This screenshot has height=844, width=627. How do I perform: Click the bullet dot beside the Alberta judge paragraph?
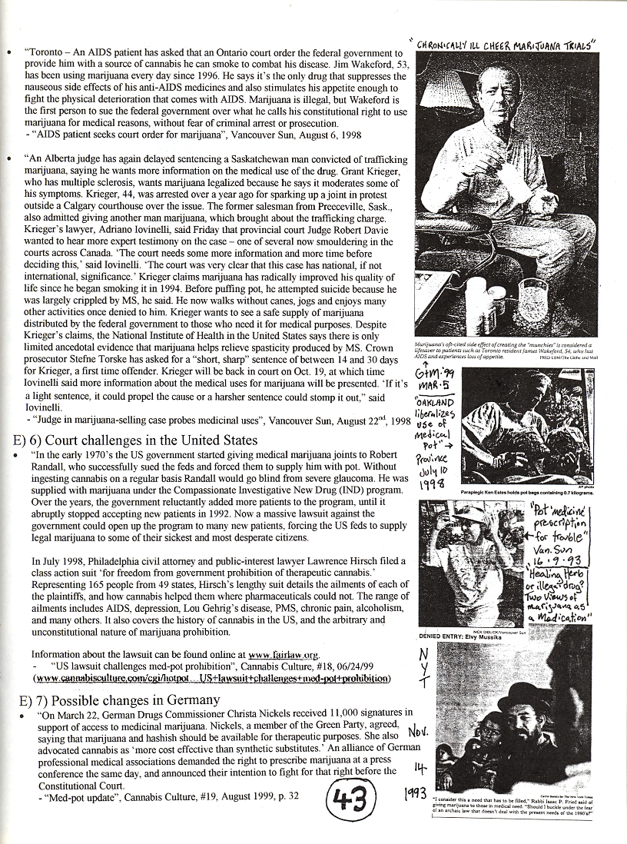[8, 158]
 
